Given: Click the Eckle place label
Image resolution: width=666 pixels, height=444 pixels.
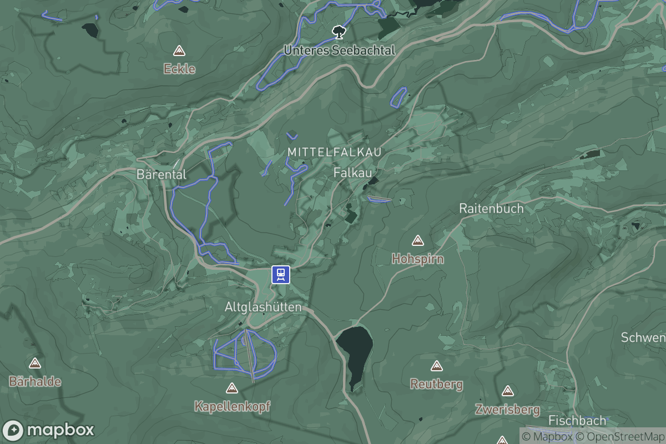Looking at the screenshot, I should tap(179, 69).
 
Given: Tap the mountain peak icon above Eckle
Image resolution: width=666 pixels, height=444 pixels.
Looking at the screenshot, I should tap(179, 51).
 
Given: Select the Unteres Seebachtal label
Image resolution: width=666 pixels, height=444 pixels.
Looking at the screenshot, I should tap(339, 51).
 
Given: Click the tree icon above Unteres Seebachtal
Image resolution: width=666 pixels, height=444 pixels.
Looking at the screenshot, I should tap(338, 32).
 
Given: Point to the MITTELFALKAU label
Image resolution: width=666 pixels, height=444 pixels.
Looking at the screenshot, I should tap(335, 152).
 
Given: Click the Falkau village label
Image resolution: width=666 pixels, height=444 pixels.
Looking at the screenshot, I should tap(352, 173).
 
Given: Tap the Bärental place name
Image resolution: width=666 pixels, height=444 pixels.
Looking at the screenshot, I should tap(162, 174).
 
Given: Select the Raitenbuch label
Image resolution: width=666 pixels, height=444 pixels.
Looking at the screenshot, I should tap(491, 209).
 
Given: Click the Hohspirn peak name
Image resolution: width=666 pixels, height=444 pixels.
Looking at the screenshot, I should tap(417, 259).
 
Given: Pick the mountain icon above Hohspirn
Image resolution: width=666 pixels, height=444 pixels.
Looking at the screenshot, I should tap(417, 241).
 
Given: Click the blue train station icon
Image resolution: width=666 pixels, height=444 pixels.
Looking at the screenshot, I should tap(281, 274).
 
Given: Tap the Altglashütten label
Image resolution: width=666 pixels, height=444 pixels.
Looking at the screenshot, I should tap(263, 307).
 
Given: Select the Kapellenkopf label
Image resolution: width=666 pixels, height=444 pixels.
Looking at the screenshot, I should tap(232, 406).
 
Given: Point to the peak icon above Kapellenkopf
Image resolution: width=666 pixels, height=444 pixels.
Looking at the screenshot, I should tap(232, 388).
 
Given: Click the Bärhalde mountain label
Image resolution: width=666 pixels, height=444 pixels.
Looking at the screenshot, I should tap(35, 382).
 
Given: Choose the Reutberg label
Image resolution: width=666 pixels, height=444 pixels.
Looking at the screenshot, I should tap(436, 384).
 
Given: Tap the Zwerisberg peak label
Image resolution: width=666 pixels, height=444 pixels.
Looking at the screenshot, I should tap(507, 410).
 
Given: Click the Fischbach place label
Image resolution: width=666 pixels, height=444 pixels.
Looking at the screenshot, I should tap(576, 420).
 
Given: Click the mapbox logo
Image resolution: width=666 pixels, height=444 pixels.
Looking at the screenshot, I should tap(48, 430).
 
